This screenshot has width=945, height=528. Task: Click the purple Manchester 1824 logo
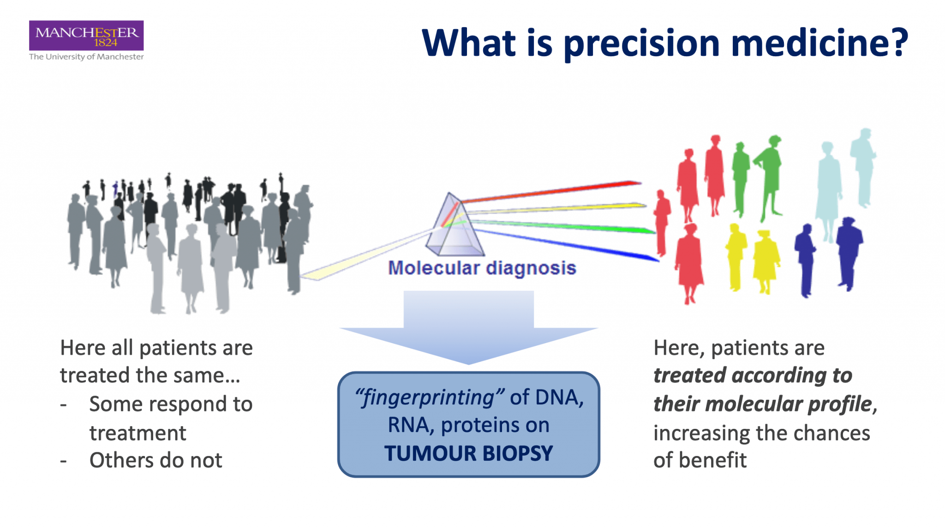(86, 36)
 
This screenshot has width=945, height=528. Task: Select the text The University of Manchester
(86, 57)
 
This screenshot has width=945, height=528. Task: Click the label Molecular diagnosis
(482, 268)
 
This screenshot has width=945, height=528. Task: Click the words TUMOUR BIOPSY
(468, 453)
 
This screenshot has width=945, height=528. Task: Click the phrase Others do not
(156, 460)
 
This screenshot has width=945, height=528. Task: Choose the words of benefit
(700, 460)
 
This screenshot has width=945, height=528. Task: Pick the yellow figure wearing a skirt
(766, 261)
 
